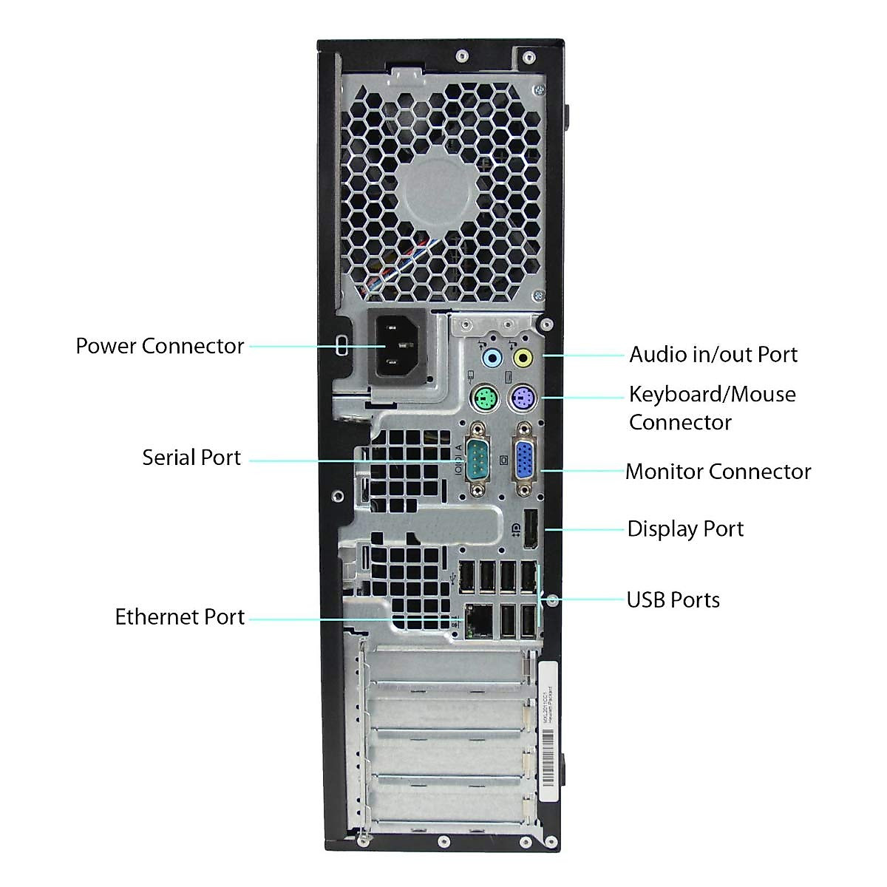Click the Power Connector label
point(160,346)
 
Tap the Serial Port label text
point(191,458)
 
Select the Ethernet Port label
point(180,617)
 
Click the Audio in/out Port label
point(713,355)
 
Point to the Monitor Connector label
point(718,472)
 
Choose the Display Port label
point(685,529)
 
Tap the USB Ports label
point(673,599)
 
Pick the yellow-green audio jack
point(523,359)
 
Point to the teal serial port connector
point(478,460)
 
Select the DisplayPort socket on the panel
point(529,529)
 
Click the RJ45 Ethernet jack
point(475,620)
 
